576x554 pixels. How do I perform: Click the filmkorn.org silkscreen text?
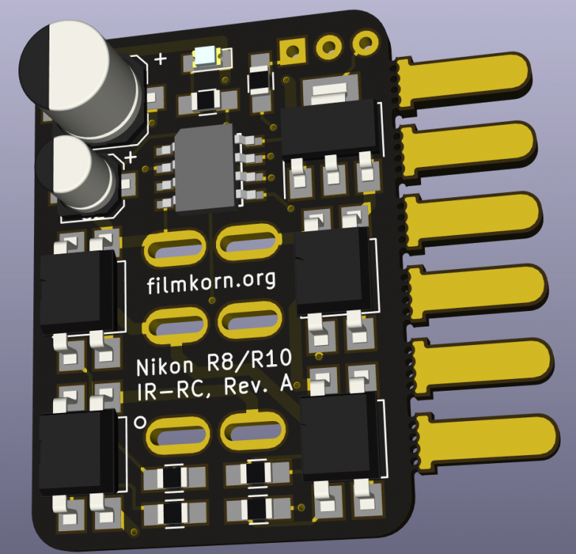coord(211,282)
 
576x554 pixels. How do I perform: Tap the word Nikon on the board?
coord(164,366)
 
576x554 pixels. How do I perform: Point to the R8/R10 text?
coord(250,360)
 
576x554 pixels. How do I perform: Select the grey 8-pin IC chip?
coord(205,168)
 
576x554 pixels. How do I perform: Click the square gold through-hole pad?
coord(293,50)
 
